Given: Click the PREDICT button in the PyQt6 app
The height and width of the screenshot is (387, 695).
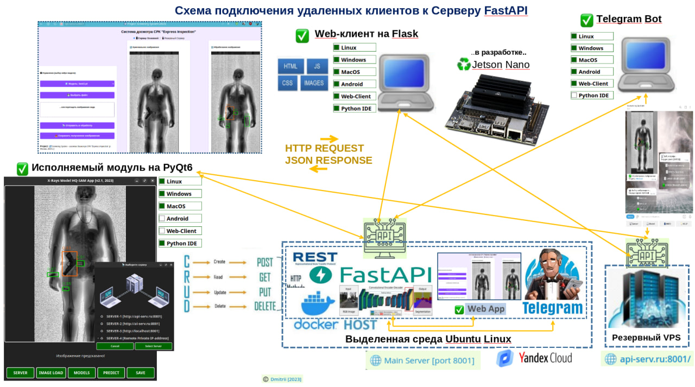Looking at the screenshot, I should point(111,373).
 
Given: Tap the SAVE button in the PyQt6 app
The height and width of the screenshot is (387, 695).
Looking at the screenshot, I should point(141,373).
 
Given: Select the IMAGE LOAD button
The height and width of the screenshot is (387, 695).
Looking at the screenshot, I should point(50,373).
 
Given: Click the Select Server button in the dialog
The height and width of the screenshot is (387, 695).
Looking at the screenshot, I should point(154,346).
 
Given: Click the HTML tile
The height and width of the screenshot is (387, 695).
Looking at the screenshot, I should point(290,66).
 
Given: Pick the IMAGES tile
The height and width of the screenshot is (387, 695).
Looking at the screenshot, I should point(314,83).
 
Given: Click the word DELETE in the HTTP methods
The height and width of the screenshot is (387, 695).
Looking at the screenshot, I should point(265,306).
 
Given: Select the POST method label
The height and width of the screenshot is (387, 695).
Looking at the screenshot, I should point(265,262).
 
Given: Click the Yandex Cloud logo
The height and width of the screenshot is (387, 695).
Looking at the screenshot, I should point(534,358).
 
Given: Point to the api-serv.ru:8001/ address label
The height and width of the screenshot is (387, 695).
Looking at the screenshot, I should point(648,359).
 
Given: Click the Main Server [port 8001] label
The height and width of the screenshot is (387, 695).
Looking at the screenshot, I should point(423,360).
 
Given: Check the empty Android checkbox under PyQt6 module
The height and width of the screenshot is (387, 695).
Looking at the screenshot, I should point(162,219).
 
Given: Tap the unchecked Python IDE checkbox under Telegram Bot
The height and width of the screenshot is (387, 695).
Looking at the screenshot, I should point(574,96).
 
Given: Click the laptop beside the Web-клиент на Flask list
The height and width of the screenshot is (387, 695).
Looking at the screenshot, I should point(406,81).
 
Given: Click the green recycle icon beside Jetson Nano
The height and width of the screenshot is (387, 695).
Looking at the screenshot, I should point(463,65).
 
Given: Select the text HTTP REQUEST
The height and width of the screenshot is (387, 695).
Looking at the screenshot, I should point(324,148).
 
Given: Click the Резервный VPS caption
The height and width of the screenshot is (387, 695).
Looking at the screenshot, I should point(646,338).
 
